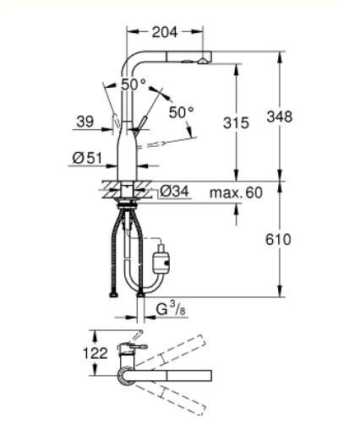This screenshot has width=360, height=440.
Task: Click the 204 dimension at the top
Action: click(x=165, y=33)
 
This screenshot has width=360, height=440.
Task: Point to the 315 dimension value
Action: click(x=237, y=122)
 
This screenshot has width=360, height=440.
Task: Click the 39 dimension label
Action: click(x=85, y=122)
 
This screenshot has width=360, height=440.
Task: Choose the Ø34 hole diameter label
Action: click(x=173, y=193)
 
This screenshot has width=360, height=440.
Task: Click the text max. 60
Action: click(x=237, y=193)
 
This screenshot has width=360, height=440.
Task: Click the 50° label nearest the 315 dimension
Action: click(x=180, y=111)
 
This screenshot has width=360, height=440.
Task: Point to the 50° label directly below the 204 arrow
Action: click(x=133, y=84)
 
